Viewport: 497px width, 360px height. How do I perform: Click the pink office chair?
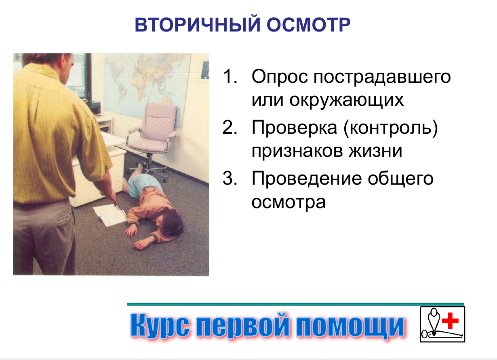tap(156, 129)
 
